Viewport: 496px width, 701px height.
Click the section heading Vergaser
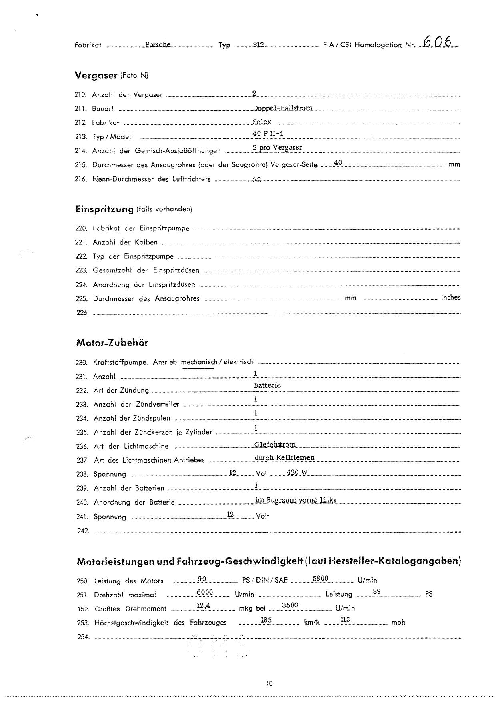[96, 75]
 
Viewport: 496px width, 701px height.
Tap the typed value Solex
[262, 122]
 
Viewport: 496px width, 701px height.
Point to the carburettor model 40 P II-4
[268, 134]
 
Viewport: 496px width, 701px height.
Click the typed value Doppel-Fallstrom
[282, 108]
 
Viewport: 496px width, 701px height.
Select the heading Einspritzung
[104, 209]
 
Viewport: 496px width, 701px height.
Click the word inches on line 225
[450, 298]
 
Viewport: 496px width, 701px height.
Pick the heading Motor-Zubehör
[112, 343]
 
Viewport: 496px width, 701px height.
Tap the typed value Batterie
[267, 385]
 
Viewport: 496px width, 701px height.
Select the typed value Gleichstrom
[275, 444]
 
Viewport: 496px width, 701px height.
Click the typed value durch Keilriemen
[284, 457]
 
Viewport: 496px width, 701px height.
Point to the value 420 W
[297, 472]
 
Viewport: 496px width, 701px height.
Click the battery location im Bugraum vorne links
[296, 500]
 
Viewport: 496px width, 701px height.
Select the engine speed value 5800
[320, 578]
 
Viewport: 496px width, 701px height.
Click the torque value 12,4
[204, 606]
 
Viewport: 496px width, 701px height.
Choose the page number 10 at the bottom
[269, 683]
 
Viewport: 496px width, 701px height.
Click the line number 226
[82, 313]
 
